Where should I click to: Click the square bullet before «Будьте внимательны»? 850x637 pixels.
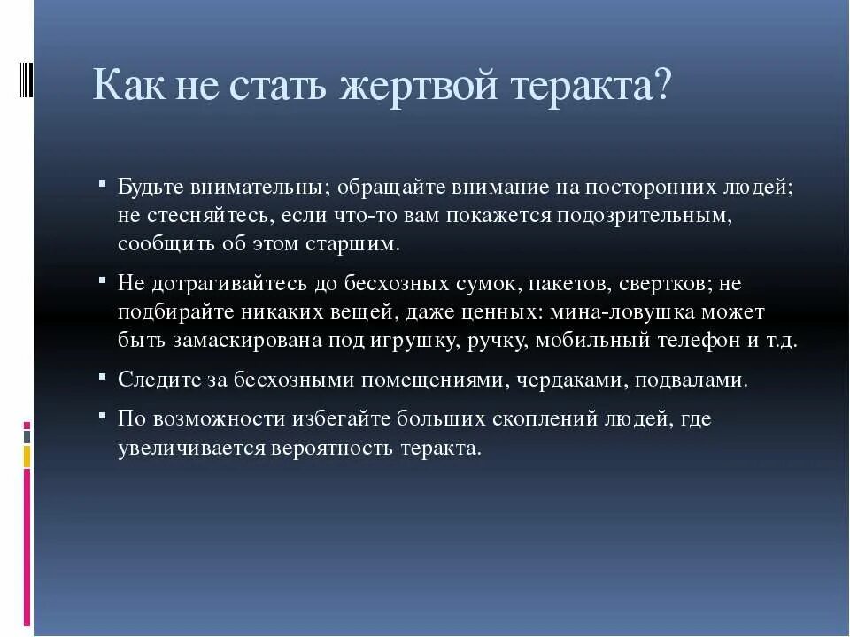[104, 186]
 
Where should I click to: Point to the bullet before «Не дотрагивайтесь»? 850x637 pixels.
[104, 282]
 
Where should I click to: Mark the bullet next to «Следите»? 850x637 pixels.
[104, 379]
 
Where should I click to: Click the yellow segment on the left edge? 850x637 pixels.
[27, 456]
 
